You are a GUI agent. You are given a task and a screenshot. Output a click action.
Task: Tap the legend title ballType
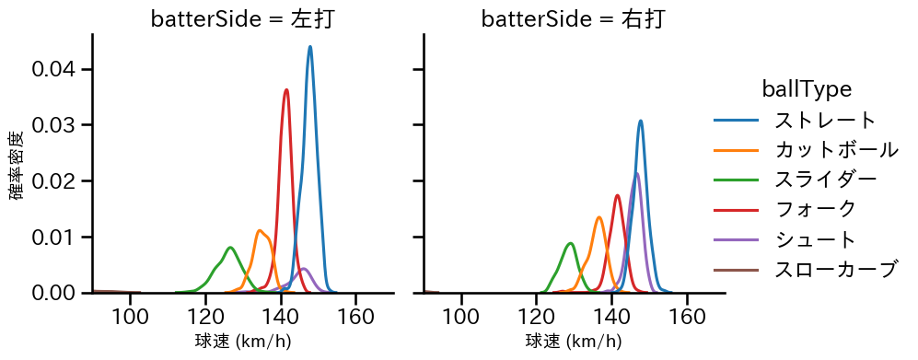point(806,89)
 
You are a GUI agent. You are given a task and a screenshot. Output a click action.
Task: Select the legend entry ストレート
point(825,121)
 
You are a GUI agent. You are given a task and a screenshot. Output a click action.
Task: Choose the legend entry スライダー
point(825,180)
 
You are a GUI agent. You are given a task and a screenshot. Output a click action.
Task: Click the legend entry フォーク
point(815,210)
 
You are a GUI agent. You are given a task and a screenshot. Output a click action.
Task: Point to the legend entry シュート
point(815,239)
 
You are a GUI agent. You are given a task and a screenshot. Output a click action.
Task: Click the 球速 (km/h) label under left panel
point(243,342)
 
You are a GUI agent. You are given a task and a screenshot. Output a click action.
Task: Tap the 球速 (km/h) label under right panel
point(574,342)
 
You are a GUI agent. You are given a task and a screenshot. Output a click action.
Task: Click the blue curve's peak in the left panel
point(310,47)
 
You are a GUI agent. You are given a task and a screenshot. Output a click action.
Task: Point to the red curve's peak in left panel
point(286,90)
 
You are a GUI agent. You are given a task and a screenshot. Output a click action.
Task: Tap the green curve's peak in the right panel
point(571,244)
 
